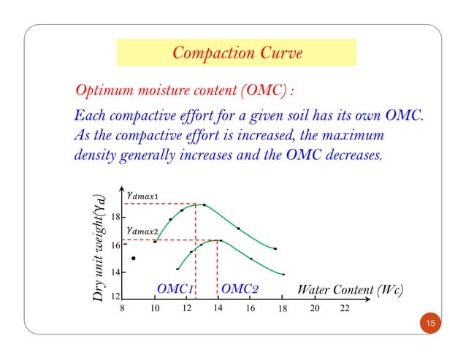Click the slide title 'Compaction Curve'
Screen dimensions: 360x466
tap(236, 53)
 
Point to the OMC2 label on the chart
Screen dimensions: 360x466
tap(240, 289)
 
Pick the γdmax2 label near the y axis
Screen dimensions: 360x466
tap(142, 231)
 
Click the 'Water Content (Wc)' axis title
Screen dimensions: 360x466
tap(351, 289)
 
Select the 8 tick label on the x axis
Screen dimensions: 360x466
tap(123, 309)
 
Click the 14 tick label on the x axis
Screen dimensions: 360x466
tap(218, 308)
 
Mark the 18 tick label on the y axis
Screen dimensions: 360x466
tap(115, 218)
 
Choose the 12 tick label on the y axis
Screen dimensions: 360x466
tap(115, 297)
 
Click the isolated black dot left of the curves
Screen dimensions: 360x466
tap(133, 258)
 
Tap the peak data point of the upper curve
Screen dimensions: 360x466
tap(204, 205)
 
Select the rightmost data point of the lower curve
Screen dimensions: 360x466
tap(283, 275)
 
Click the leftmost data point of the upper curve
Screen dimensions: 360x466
tap(155, 241)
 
